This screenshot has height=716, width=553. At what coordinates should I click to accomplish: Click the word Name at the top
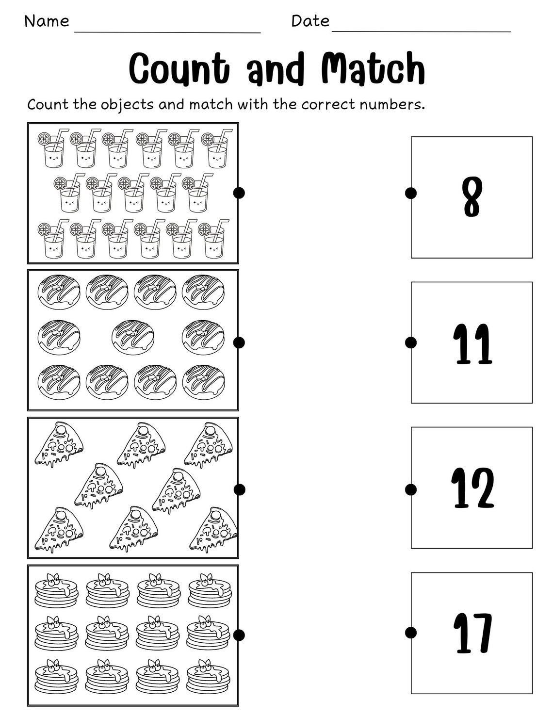point(47,21)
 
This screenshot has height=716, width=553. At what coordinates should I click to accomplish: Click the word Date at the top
point(310,21)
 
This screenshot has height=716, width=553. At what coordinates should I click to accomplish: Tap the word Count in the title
point(179,68)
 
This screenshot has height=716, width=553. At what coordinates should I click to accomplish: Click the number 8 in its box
point(472,197)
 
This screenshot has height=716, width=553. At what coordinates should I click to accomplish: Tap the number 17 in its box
point(472,633)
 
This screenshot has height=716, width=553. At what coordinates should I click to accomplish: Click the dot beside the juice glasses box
point(239,193)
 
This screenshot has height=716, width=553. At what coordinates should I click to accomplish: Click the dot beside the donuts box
point(239,342)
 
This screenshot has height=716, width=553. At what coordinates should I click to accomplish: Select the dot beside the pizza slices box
point(239,489)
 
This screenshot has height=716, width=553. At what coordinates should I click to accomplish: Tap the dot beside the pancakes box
point(239,635)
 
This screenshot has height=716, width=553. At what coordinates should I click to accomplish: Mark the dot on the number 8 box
point(411,193)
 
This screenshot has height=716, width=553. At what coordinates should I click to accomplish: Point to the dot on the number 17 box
point(411,633)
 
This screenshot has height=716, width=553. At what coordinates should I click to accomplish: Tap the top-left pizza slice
point(58,444)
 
